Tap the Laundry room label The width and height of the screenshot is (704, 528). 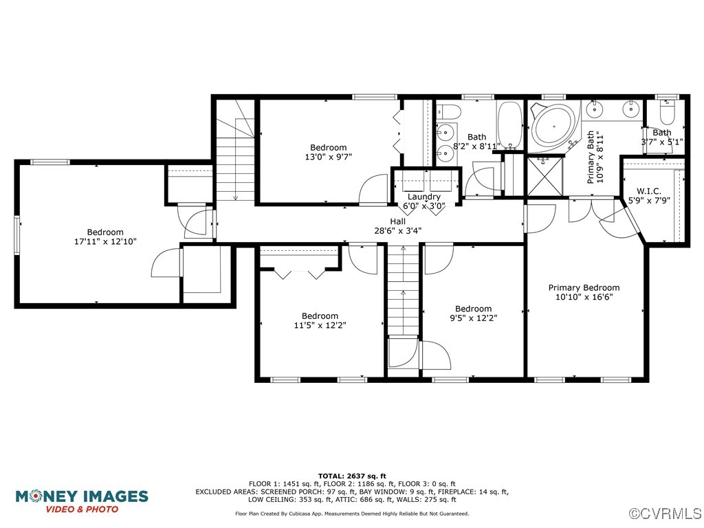pyautogui.click(x=423, y=197)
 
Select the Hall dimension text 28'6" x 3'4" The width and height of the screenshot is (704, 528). pyautogui.click(x=398, y=231)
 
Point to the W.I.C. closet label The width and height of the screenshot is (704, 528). pyautogui.click(x=649, y=191)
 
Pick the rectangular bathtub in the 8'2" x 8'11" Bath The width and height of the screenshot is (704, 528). pyautogui.click(x=509, y=125)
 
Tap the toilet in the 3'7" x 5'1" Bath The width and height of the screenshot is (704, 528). pyautogui.click(x=667, y=112)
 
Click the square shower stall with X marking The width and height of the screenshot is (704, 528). pyautogui.click(x=544, y=175)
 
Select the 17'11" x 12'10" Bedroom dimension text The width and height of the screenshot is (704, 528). pyautogui.click(x=105, y=241)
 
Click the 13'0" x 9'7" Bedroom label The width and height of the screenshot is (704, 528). pyautogui.click(x=329, y=152)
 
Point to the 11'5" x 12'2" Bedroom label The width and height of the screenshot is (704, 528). pyautogui.click(x=320, y=320)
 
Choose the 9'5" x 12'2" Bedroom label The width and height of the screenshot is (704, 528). pyautogui.click(x=473, y=313)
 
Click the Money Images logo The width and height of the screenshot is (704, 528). pyautogui.click(x=82, y=501)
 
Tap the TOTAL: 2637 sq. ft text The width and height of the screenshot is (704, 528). pyautogui.click(x=352, y=476)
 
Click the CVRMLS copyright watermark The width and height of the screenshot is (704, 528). pyautogui.click(x=665, y=513)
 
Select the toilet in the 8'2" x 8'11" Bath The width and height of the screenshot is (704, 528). pyautogui.click(x=449, y=111)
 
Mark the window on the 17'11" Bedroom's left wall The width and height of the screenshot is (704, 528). pyautogui.click(x=17, y=235)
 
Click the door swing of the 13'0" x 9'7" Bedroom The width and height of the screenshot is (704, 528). pyautogui.click(x=373, y=189)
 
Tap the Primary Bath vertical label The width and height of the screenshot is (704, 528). pyautogui.click(x=595, y=157)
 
